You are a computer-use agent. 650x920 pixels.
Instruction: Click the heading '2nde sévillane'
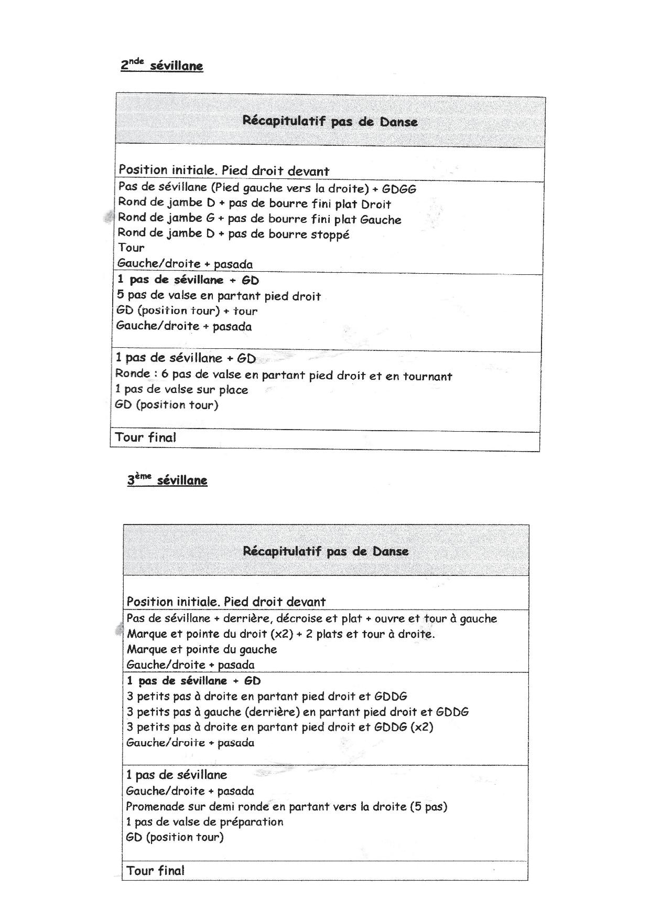pos(162,66)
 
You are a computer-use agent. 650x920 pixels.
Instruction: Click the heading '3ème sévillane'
pos(167,480)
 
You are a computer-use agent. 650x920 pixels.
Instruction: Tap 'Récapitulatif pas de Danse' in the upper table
pos(330,122)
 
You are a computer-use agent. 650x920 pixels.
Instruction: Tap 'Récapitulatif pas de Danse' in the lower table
pos(326,551)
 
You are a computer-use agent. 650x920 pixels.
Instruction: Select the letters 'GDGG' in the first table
pos(399,189)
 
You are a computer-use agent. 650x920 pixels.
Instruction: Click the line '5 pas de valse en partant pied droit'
pos(219,296)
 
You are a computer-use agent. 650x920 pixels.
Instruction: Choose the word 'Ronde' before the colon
pos(132,374)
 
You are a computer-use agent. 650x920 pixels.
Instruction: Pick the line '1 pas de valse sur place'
pos(181,390)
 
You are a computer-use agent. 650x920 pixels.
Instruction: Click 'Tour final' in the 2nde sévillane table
pos(146,437)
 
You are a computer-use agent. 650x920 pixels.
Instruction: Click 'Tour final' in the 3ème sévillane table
pos(155,871)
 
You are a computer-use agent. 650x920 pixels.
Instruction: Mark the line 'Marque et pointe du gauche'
pos(202,649)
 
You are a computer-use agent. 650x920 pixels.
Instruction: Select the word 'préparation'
pos(251,822)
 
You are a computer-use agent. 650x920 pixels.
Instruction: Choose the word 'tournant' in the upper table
pos(427,376)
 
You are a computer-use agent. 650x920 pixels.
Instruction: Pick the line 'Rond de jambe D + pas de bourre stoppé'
pos(233,233)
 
